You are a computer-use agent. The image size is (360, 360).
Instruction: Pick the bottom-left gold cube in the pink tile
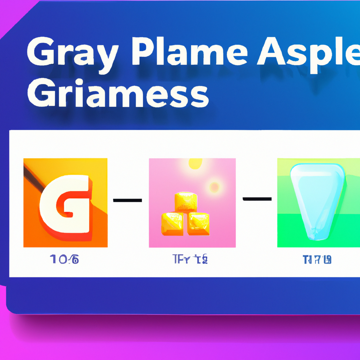coord(172,223)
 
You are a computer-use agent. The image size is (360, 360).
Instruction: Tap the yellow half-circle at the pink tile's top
coord(195,162)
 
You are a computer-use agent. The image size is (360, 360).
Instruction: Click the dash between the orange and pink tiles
coord(127,200)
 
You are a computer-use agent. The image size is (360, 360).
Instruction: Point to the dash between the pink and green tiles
coord(257,199)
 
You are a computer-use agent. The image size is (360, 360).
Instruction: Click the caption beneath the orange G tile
coord(64,260)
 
